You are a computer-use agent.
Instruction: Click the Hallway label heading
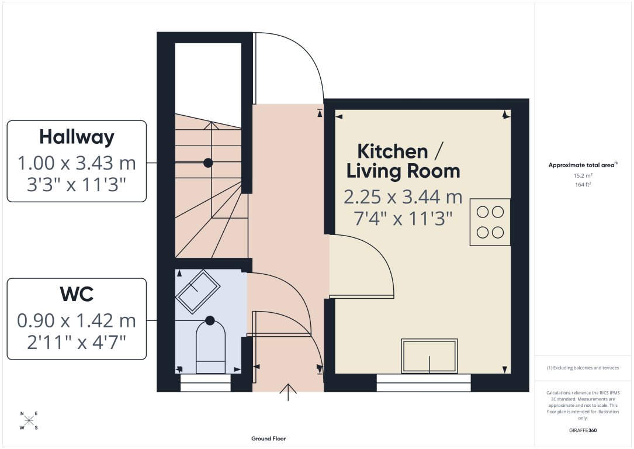coord(77,137)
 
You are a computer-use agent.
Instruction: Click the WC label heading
coord(77,294)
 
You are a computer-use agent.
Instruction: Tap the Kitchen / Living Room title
coord(403,161)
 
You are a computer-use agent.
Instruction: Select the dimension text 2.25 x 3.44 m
coord(403,197)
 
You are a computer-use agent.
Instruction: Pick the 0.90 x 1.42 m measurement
coord(77,320)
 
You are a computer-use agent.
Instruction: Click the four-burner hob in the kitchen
coord(490,222)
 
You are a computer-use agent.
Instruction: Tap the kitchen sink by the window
coord(429,355)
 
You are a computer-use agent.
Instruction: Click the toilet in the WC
coord(210,348)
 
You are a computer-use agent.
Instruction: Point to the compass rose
coord(29,420)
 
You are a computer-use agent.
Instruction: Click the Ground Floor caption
coord(268,438)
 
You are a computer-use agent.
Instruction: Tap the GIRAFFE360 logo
coord(583,430)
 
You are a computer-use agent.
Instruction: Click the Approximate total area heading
coord(582,165)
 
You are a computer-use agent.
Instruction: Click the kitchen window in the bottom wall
coord(424,384)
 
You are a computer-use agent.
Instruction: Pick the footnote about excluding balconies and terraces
coord(583,368)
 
